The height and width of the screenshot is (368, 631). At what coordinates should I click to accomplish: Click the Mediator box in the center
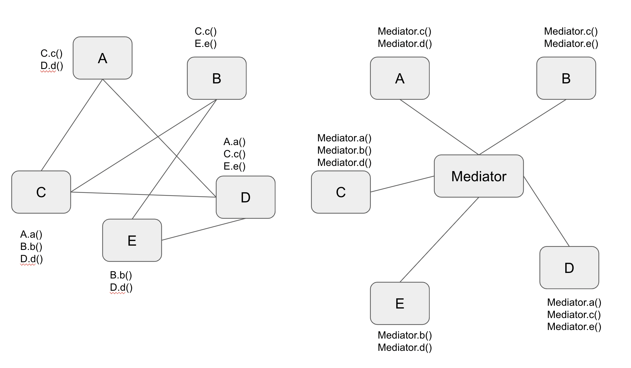[479, 176]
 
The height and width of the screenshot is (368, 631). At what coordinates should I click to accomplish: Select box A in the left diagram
[102, 58]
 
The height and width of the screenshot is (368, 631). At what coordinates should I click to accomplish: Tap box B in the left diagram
[217, 78]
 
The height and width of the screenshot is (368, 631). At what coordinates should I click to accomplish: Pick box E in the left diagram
[132, 240]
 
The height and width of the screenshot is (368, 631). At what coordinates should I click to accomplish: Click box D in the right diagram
[569, 267]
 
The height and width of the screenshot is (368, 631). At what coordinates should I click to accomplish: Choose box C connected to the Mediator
[341, 192]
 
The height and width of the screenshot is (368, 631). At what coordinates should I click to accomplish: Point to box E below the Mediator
[400, 303]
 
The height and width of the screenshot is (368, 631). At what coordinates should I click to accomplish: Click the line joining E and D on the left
[203, 229]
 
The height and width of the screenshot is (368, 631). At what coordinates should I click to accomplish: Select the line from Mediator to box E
[439, 240]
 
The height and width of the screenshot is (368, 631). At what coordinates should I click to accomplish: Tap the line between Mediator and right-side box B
[522, 127]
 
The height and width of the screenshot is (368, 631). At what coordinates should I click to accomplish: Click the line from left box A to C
[72, 125]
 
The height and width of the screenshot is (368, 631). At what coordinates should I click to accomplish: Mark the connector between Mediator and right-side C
[402, 184]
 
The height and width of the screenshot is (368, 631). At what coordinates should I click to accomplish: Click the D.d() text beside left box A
[52, 66]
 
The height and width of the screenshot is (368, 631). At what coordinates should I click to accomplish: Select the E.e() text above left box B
[206, 44]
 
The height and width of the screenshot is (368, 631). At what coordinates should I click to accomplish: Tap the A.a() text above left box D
[234, 142]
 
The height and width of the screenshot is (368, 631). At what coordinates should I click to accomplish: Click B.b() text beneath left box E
[121, 275]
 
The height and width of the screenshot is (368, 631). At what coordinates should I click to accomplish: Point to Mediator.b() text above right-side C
[344, 150]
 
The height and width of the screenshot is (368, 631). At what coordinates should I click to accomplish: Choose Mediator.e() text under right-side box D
[574, 327]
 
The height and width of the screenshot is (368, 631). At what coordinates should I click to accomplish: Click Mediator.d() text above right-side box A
[405, 44]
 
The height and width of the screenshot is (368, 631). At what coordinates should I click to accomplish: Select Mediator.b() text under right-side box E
[405, 335]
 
